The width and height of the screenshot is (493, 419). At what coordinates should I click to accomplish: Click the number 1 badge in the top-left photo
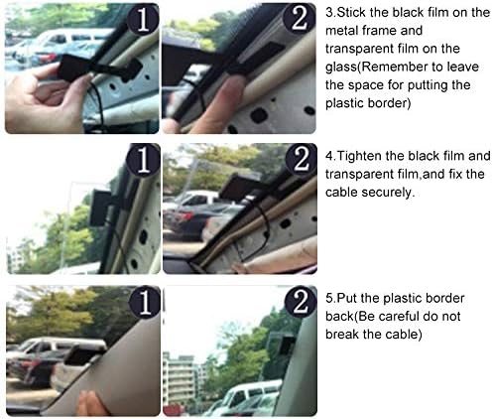coord(143,19)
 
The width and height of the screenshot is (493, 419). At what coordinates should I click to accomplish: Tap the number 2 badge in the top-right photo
coord(300,19)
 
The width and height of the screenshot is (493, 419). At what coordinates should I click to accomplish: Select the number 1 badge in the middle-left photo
coord(144,160)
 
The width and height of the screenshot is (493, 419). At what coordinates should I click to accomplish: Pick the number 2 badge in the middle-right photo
coord(301,160)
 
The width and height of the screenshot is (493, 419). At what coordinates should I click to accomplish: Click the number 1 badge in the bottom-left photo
coord(145,302)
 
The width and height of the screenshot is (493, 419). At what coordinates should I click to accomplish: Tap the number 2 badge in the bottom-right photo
coord(301,302)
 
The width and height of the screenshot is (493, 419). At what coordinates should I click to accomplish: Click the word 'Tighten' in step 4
coord(358,156)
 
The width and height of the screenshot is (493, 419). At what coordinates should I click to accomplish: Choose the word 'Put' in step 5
coord(347,299)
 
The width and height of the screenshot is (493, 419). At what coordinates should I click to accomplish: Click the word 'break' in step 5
coord(342,335)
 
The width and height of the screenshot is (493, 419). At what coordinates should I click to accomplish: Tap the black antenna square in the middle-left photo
coord(100,208)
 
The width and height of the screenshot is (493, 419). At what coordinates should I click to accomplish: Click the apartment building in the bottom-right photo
coord(181,380)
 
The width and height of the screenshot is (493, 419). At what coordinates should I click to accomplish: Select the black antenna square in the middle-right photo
coord(236,188)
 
